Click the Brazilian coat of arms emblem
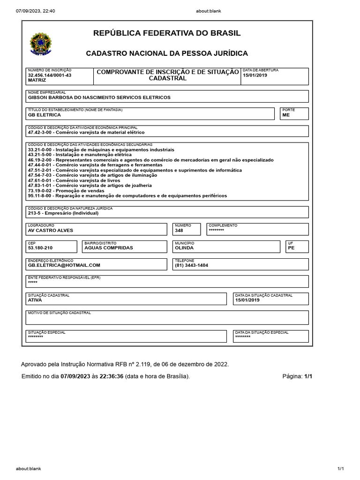tap(41, 44)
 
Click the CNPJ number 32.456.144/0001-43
tap(50, 75)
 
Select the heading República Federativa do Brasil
tap(167, 33)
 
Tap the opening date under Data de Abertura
tap(255, 75)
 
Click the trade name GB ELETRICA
tap(45, 115)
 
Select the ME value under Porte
tap(286, 115)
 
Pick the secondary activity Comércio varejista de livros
tap(74, 180)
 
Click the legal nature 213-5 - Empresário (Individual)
tap(63, 213)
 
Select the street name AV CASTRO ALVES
tap(51, 230)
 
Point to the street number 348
tap(179, 230)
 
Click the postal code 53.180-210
tap(40, 247)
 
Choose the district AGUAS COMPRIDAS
tap(108, 247)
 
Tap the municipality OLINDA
tap(184, 247)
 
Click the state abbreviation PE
tap(291, 247)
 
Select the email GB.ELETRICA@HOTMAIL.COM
tap(64, 265)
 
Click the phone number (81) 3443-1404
tap(191, 265)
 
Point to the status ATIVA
tap(35, 300)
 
